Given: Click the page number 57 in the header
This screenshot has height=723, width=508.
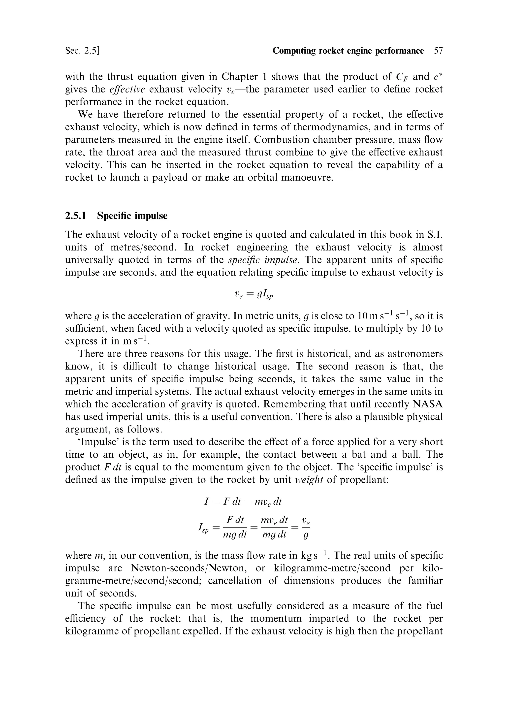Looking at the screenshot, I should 438,51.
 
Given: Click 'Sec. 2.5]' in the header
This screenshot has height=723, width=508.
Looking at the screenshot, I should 83,51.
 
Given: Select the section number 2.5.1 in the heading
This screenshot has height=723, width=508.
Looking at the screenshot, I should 76,216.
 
